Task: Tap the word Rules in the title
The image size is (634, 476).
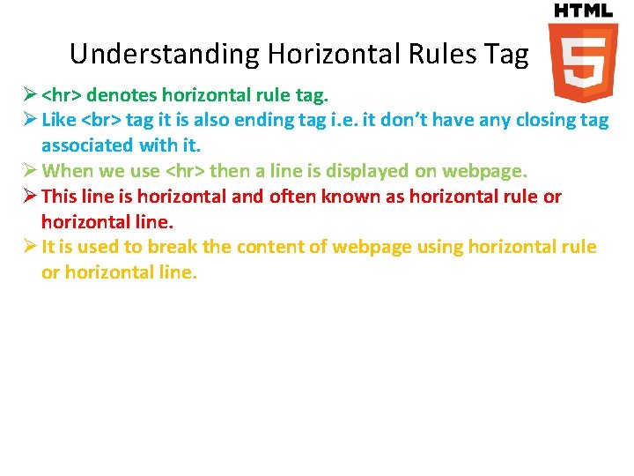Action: point(442,55)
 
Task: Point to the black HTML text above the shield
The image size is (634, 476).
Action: point(582,11)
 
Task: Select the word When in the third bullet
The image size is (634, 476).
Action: point(65,170)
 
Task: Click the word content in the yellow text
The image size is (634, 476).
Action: point(262,247)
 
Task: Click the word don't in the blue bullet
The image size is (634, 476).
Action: point(430,119)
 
